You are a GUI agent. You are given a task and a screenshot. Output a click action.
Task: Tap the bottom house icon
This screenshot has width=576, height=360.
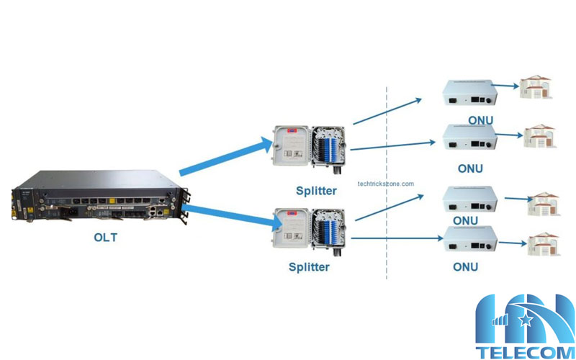(x=544, y=243)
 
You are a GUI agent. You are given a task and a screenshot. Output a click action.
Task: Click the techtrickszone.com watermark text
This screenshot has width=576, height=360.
(x=386, y=184)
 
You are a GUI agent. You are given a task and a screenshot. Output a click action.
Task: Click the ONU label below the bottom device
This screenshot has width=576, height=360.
(x=465, y=266)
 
